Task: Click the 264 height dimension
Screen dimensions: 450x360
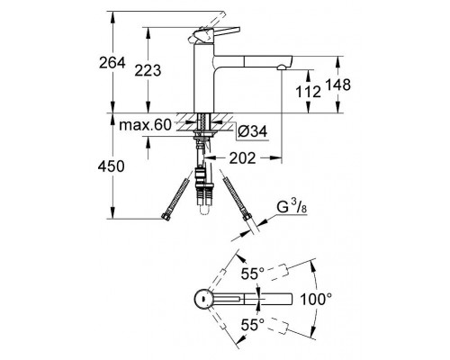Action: (112, 63)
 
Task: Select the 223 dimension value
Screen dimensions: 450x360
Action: (148, 70)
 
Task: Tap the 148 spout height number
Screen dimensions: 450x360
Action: (337, 85)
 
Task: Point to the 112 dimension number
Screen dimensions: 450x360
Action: (308, 91)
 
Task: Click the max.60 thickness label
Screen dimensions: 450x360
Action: (145, 124)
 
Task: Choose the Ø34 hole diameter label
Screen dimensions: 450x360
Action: (252, 131)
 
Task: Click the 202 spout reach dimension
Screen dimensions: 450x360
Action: (242, 158)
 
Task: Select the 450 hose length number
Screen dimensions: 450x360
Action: (111, 166)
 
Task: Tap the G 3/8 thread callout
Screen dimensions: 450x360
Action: (291, 208)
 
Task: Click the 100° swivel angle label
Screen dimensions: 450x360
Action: (316, 299)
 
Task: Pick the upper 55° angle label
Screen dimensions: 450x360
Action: (253, 274)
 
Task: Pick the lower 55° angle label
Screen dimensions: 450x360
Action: (253, 325)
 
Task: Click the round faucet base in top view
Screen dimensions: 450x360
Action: (204, 299)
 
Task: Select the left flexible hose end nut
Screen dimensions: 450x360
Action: (166, 216)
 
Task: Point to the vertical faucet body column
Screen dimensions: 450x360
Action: (204, 78)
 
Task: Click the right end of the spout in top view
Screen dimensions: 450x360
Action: (292, 299)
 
